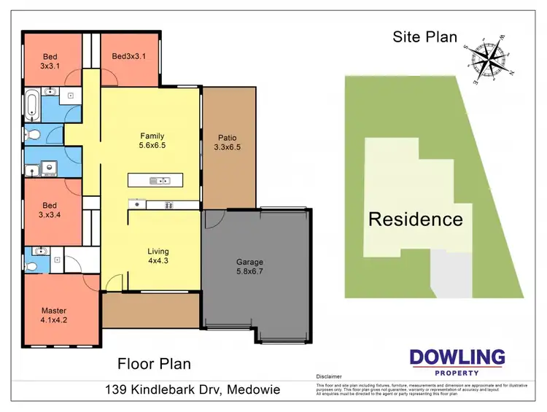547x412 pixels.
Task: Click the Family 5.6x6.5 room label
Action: click(x=152, y=141)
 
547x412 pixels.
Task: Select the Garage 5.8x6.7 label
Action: click(x=249, y=267)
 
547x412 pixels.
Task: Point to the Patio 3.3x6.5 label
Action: click(x=228, y=142)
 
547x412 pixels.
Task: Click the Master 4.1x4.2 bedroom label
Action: click(x=55, y=316)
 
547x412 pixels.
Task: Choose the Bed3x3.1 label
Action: click(x=129, y=56)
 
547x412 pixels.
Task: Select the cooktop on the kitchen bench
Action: click(x=169, y=205)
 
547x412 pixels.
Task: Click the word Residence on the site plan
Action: click(x=415, y=219)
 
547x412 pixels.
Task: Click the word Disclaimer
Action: click(x=330, y=378)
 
